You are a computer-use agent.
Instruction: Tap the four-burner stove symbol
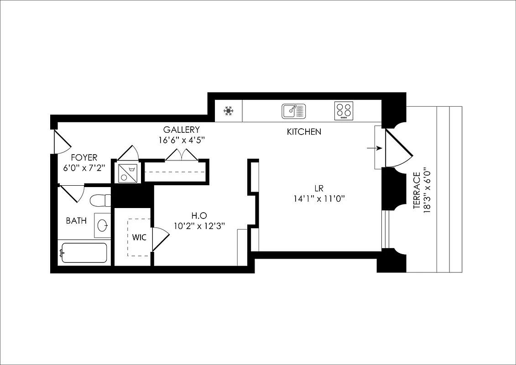tap(344, 110)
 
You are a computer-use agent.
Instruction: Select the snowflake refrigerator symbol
tap(229, 111)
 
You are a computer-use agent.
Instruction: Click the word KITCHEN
tap(304, 132)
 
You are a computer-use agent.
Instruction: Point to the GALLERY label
tap(182, 130)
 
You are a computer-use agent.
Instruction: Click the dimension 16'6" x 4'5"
tap(182, 140)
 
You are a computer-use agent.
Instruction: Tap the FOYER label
tap(84, 157)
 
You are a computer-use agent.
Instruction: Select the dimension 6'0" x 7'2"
tap(84, 167)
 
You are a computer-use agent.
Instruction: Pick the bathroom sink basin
tap(103, 225)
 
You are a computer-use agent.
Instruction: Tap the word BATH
tap(76, 221)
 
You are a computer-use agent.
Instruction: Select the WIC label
tap(139, 238)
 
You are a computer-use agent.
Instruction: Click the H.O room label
tap(199, 215)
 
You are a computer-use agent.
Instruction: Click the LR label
tap(319, 188)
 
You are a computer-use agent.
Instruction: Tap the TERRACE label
tap(417, 191)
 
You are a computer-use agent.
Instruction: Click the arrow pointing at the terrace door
tap(375, 148)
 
